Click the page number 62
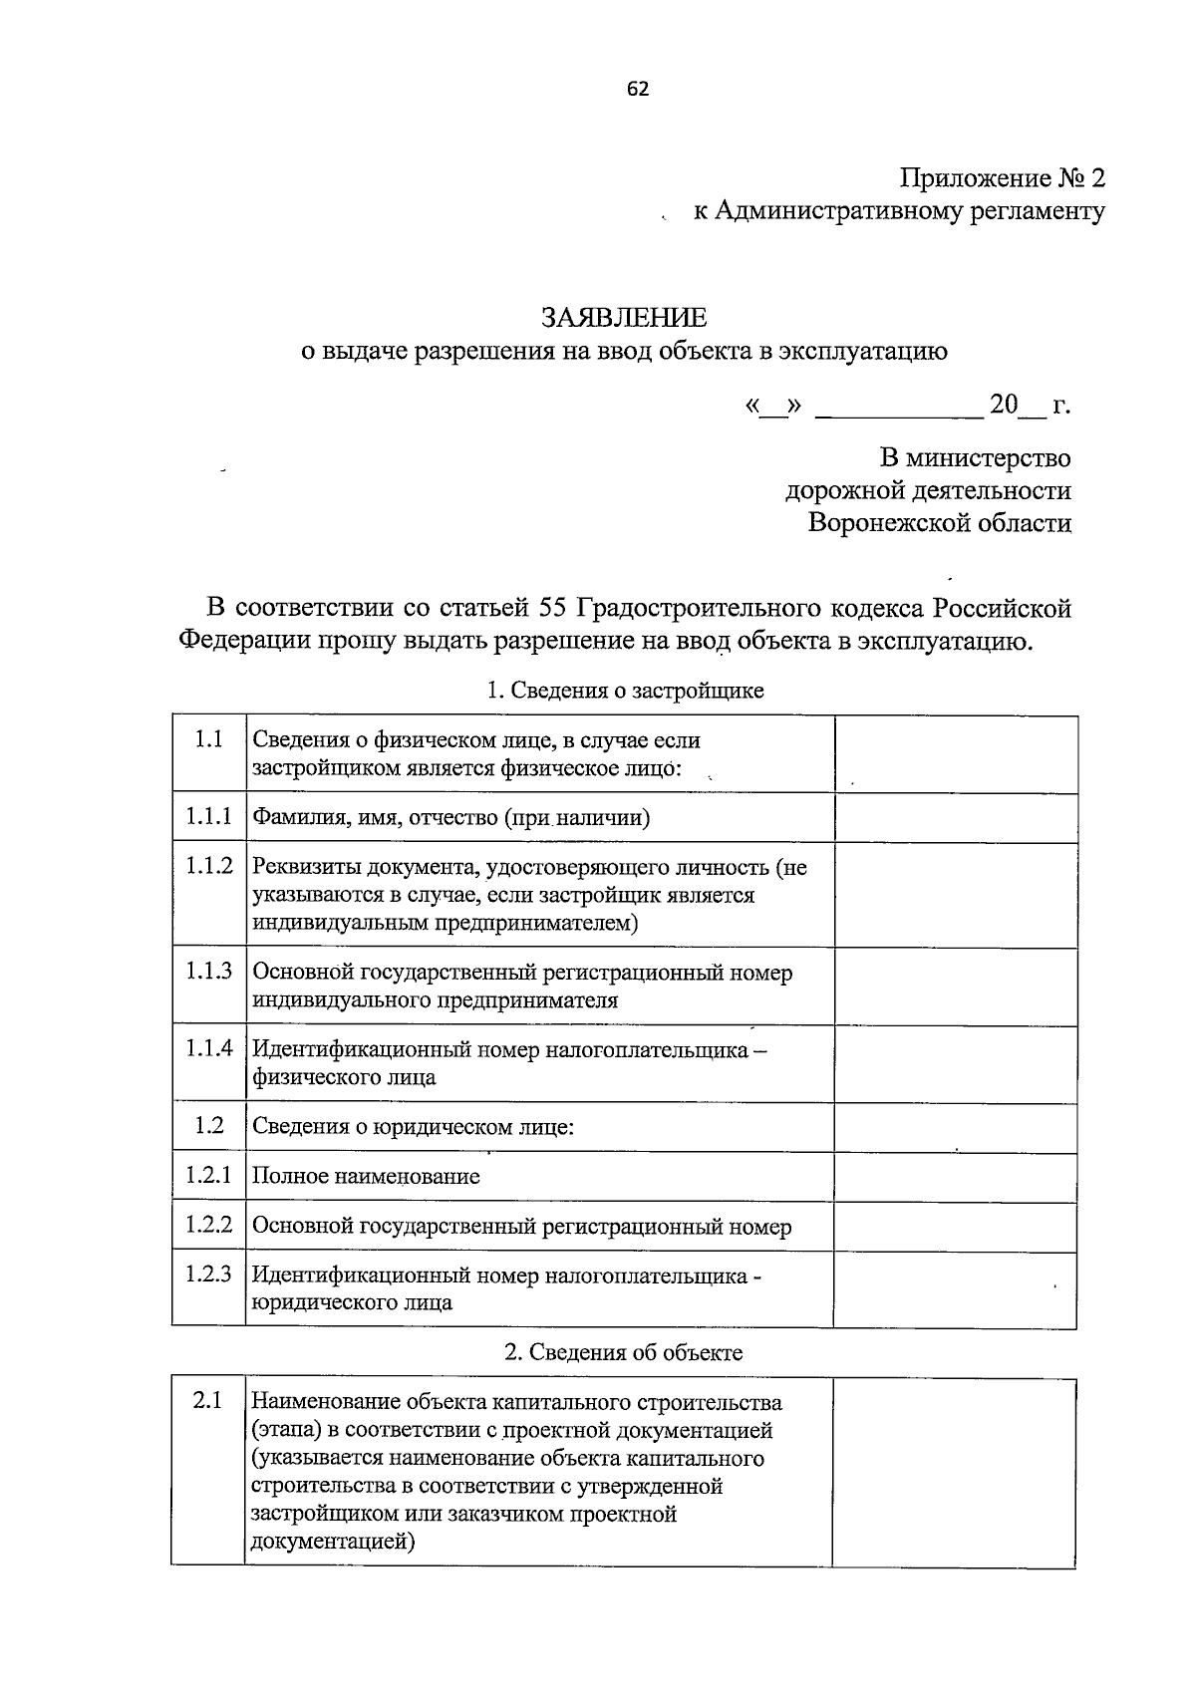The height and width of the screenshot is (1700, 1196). pos(638,89)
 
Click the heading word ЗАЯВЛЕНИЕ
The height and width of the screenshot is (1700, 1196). pos(624,317)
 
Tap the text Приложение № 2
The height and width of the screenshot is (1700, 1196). pos(1003,178)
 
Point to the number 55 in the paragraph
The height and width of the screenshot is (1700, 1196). pos(552,607)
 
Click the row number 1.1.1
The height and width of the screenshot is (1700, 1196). pos(208,817)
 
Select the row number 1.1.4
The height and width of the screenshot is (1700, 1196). pos(208,1047)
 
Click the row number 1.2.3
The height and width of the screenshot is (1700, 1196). pos(208,1274)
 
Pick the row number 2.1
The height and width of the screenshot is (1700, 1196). pos(207,1400)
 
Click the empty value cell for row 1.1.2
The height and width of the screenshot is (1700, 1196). pos(955,895)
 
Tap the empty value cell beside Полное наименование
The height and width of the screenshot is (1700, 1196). pos(955,1177)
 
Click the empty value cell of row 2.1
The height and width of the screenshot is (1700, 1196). pos(954,1472)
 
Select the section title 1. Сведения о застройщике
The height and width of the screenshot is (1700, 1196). pos(624,691)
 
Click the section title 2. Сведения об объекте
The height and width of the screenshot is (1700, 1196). pos(624,1352)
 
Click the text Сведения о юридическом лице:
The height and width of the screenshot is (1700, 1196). pos(413,1127)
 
